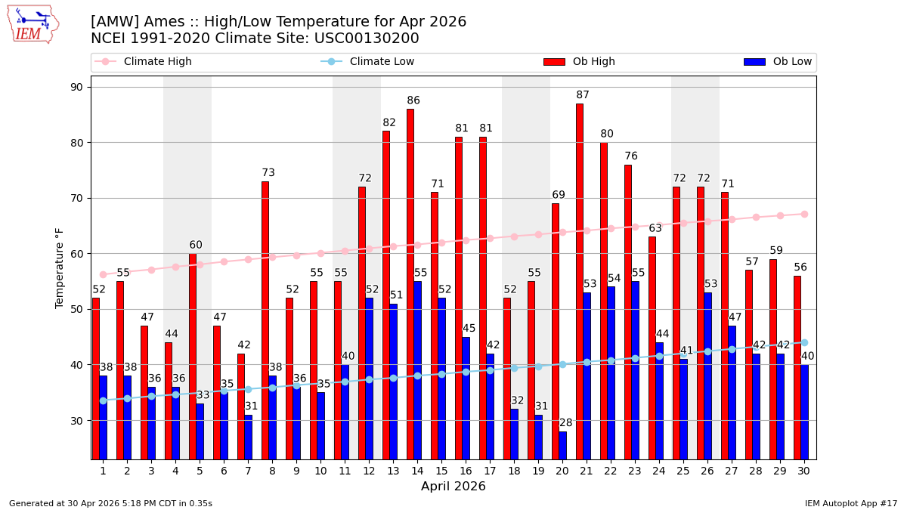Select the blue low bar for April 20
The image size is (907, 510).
[x=563, y=445]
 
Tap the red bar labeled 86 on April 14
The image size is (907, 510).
[x=410, y=283]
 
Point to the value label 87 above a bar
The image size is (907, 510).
[x=583, y=95]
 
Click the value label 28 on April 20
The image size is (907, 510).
[x=566, y=423]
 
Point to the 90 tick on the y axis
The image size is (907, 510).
[x=76, y=87]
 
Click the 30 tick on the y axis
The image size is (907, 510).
[x=76, y=420]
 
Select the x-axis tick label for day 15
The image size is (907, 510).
[x=441, y=471]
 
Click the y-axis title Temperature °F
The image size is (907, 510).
[x=60, y=267]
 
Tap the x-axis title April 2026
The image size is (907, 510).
[x=453, y=487]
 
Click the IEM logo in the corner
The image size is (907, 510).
[x=33, y=24]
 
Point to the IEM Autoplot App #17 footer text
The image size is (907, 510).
[x=850, y=503]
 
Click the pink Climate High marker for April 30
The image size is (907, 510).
[x=804, y=214]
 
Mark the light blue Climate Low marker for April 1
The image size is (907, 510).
[x=103, y=400]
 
